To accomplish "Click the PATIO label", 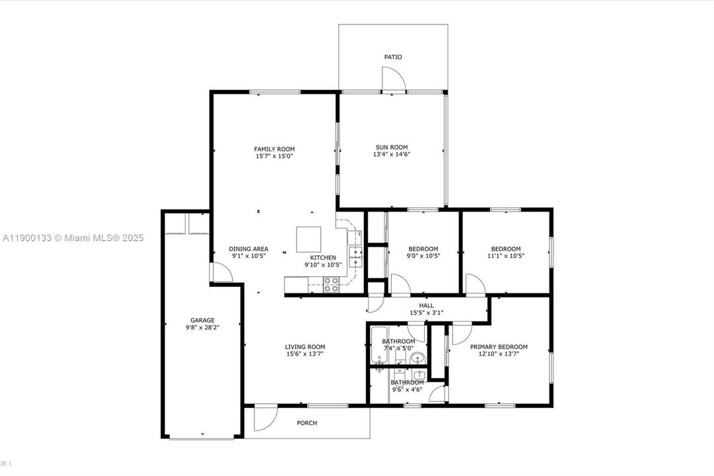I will [393, 57].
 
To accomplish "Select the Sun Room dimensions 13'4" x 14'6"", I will [392, 155].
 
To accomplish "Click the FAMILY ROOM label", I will [274, 149].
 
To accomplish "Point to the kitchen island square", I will [308, 237].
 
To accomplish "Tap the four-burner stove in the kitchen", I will [331, 284].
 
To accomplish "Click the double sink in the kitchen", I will [355, 257].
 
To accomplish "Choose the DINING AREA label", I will [249, 249].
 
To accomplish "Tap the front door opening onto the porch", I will [266, 415].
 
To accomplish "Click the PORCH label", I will [307, 423].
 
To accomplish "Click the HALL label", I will [426, 305].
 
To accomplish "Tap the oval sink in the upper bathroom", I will [417, 359].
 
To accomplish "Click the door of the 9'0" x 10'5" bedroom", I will [400, 284].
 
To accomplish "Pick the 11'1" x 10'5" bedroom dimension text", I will [505, 256].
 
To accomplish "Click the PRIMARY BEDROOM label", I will [499, 346].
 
